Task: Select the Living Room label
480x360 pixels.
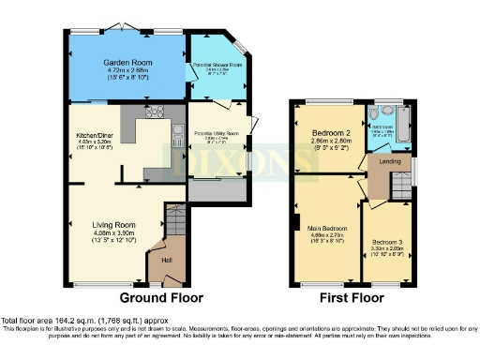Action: (113, 225)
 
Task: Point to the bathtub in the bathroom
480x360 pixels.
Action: (405, 122)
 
